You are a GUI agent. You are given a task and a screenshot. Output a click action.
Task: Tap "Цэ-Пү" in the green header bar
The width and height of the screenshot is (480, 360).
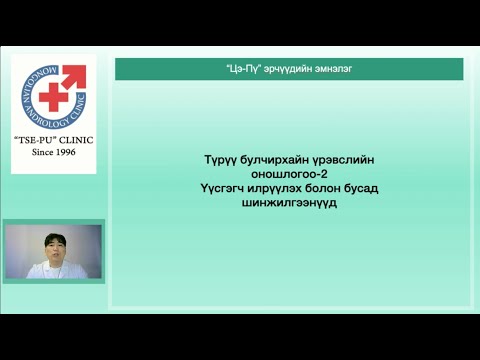pyautogui.click(x=244, y=69)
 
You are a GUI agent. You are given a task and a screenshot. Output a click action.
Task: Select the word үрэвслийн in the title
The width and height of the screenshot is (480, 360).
pyautogui.click(x=342, y=160)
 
